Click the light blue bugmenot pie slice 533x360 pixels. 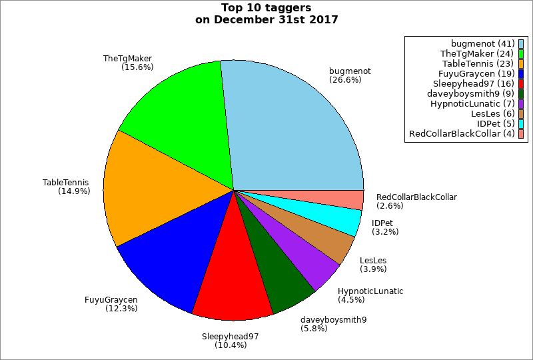[x=293, y=127]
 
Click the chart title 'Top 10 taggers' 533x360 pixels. [x=266, y=8]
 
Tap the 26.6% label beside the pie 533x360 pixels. [x=345, y=80]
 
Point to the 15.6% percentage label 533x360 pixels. [x=138, y=67]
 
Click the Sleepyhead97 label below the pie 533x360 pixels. [x=230, y=336]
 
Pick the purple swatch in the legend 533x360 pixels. [x=521, y=104]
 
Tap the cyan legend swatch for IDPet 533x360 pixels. [x=521, y=124]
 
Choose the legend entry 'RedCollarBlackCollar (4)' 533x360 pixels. [x=462, y=134]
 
